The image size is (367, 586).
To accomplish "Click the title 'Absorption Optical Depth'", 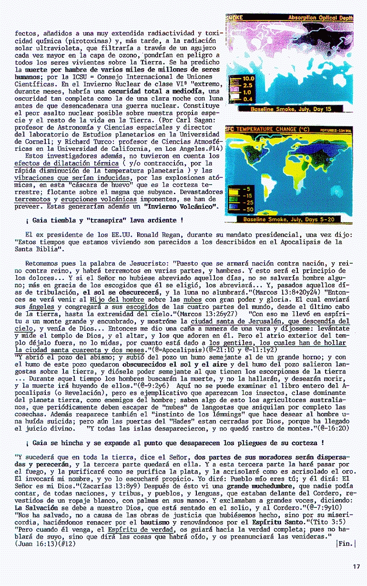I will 320,18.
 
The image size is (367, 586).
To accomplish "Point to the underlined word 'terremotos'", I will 33,199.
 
